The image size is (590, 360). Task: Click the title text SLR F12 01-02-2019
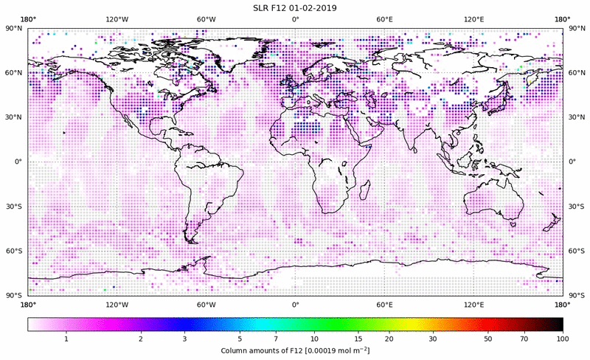[295, 7]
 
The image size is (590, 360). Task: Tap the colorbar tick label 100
[563, 339]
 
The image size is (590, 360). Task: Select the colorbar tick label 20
[388, 339]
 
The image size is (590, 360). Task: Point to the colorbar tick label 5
[239, 339]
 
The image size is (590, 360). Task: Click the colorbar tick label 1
[66, 339]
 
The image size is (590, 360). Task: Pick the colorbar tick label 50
[488, 339]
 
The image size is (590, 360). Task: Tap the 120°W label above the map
[117, 19]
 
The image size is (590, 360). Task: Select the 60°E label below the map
[384, 304]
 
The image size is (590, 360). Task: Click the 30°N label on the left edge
[13, 117]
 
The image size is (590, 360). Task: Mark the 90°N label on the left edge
[13, 28]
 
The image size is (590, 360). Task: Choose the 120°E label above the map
[473, 19]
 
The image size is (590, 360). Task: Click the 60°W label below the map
[206, 304]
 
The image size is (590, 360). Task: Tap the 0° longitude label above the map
[295, 19]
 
